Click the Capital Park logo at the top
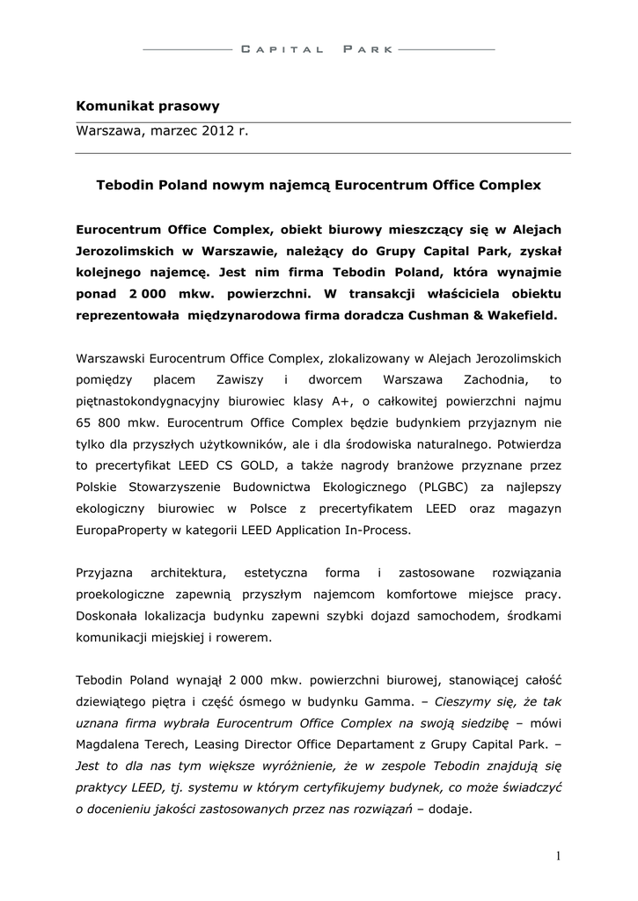coord(318,50)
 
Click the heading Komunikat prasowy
coord(148,106)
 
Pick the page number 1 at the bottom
coord(558,855)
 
